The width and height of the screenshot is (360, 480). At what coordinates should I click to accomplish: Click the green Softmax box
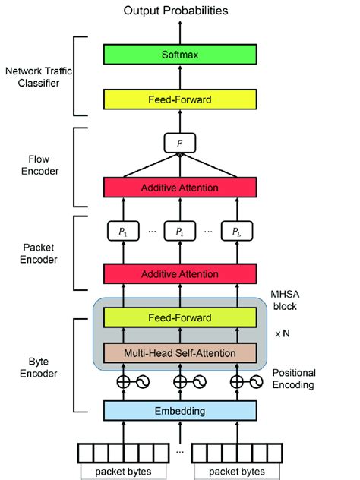[180, 55]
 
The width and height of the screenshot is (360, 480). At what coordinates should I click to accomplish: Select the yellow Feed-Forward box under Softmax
[180, 99]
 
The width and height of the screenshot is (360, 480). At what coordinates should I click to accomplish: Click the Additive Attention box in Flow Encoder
[180, 188]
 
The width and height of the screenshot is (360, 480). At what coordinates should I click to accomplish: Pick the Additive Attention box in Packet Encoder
[180, 272]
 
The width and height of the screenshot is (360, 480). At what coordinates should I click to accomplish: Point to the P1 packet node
[121, 231]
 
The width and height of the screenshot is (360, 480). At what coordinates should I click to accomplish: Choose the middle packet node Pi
[180, 231]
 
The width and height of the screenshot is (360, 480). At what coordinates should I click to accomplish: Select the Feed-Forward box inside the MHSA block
[180, 318]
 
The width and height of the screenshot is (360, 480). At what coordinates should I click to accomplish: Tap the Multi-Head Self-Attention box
[180, 353]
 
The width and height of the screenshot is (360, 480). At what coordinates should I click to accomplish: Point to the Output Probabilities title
[180, 10]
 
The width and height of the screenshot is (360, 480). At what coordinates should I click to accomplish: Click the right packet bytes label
[239, 472]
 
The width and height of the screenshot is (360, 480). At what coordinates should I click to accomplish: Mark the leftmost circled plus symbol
[122, 382]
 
